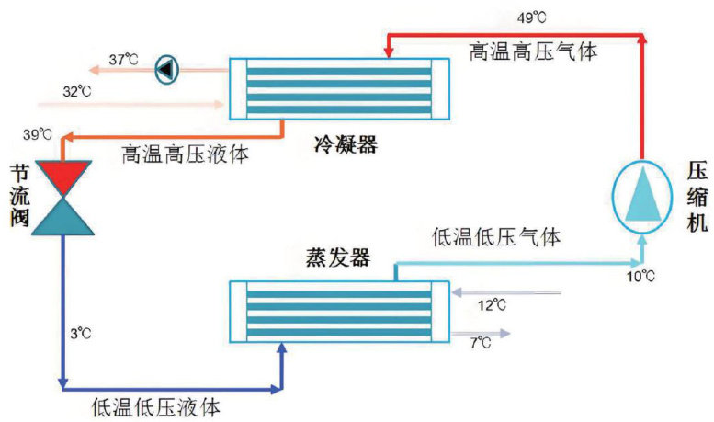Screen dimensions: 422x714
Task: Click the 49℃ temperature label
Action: coord(532,17)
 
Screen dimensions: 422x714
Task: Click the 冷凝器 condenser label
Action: coord(343,145)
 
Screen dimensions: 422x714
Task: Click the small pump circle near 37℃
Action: coord(168,68)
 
